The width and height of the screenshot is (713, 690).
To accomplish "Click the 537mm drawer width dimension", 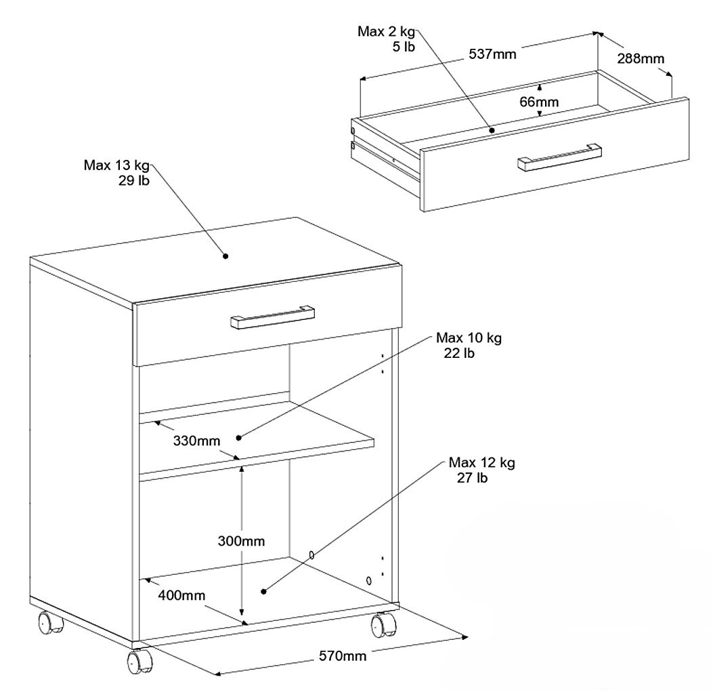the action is pos(492,54).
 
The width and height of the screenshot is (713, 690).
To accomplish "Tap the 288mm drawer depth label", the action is pos(641,59).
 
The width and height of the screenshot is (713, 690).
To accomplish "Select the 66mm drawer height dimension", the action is pos(539,102).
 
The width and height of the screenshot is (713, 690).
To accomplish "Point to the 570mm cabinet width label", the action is pos(343,656).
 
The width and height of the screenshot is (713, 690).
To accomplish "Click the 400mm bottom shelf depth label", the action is pos(181,595).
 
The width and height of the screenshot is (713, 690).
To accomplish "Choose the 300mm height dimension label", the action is pos(241,541).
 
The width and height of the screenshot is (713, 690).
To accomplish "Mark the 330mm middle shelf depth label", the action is pos(196,441).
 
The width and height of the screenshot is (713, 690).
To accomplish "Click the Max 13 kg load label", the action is pos(116,172).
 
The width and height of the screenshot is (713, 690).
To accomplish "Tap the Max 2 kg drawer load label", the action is pos(386,39).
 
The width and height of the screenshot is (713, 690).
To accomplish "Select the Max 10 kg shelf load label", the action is pos(469,345).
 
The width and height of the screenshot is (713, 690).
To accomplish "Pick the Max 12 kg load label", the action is pos(481,470).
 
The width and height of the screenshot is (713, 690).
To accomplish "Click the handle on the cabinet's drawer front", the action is pos(272,317).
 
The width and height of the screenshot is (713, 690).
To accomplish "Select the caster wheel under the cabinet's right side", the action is pos(383,624).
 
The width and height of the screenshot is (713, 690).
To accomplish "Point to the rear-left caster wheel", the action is pos(49,622).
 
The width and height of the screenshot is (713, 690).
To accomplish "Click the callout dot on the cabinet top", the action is pos(225,256).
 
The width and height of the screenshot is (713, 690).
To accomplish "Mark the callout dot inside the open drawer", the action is pos(492,131).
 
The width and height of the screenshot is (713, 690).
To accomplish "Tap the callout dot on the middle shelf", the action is pos(239,438).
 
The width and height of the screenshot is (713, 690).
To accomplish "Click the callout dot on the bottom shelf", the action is pos(263,592).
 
